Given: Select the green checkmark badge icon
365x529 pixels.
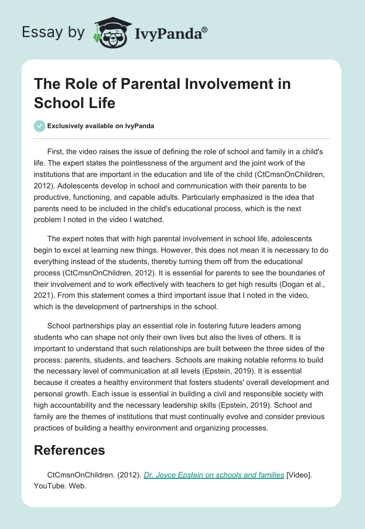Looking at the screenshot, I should click(x=40, y=126).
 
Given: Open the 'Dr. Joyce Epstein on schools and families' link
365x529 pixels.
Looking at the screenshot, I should click(x=214, y=475).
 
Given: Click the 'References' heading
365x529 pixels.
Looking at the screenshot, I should click(x=69, y=451).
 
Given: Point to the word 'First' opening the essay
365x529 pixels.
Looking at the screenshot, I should click(x=56, y=151).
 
